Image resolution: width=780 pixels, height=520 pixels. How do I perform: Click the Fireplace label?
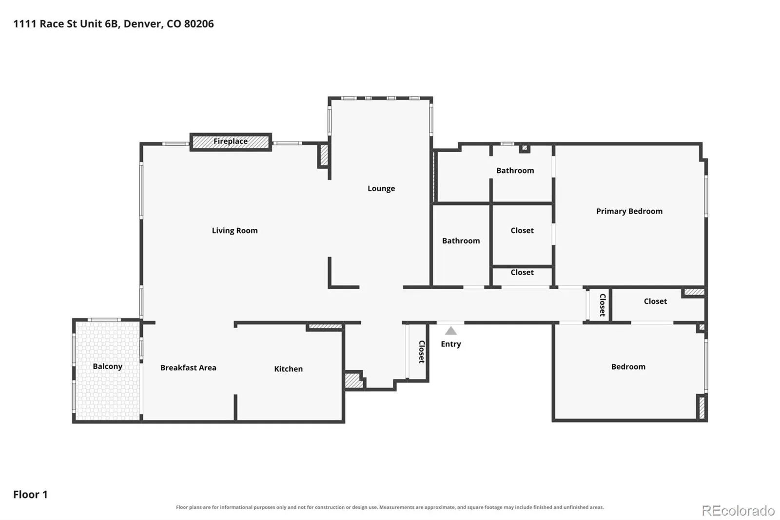click(231, 141)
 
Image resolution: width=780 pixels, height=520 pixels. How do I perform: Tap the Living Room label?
click(234, 231)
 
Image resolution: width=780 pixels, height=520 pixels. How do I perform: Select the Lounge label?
click(381, 189)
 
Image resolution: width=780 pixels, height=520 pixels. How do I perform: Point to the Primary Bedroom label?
click(629, 211)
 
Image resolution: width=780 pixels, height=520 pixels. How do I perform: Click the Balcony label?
click(108, 366)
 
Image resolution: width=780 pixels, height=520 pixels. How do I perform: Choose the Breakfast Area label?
click(188, 368)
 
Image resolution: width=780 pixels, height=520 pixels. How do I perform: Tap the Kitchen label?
click(288, 369)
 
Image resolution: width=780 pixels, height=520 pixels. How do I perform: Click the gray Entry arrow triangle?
click(451, 330)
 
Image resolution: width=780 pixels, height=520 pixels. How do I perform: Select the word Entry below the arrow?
click(451, 344)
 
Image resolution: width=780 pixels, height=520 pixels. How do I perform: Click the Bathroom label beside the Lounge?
click(461, 241)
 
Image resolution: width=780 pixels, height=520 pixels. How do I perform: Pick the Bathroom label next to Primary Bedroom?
click(515, 170)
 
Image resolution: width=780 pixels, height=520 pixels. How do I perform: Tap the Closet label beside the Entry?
click(422, 352)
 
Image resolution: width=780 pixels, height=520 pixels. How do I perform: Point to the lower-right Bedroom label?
click(628, 367)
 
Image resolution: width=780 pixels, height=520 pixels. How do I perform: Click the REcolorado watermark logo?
click(738, 511)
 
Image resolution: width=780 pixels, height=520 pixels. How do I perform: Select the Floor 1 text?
click(30, 495)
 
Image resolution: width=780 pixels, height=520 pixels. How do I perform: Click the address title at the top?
click(114, 24)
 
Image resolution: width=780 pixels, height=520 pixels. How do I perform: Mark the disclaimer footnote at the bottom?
click(390, 507)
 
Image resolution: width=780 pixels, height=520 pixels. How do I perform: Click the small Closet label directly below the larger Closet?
click(522, 273)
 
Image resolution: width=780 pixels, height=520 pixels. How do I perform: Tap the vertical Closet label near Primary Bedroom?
click(603, 305)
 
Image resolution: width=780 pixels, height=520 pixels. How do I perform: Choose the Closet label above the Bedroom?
click(655, 301)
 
